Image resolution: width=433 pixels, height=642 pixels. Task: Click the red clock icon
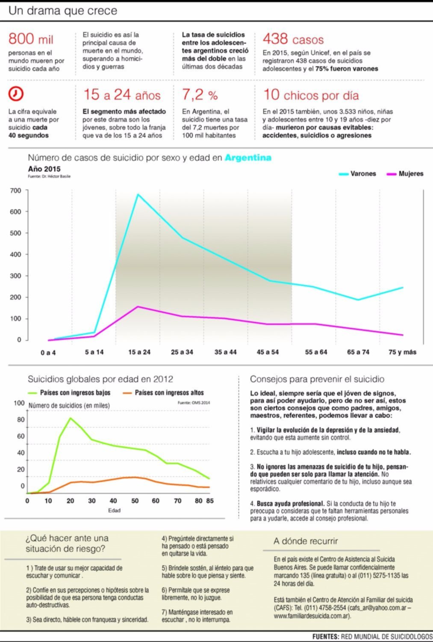click(x=16, y=94)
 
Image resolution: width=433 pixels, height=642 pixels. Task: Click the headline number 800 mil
click(x=31, y=39)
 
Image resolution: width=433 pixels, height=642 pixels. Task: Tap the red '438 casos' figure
click(x=293, y=39)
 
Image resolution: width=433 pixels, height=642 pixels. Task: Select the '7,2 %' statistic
click(x=200, y=95)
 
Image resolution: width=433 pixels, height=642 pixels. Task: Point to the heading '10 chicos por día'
click(x=311, y=95)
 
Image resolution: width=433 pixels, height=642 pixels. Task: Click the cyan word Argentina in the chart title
click(x=248, y=158)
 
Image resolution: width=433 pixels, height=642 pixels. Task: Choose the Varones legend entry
click(x=357, y=174)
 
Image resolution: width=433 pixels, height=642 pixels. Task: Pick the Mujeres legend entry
click(x=405, y=174)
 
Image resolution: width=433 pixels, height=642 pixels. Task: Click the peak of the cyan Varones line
click(x=138, y=194)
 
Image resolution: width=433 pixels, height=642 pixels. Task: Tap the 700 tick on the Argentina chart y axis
click(x=16, y=190)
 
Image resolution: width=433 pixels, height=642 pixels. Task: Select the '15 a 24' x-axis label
click(x=139, y=352)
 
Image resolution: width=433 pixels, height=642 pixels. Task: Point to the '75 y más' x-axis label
click(x=402, y=352)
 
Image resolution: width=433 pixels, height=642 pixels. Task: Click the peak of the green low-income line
click(x=71, y=418)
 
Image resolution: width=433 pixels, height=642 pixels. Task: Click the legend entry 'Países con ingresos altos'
click(x=163, y=392)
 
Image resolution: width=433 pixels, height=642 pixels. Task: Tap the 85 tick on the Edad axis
click(x=210, y=501)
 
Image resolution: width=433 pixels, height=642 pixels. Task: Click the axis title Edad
click(x=114, y=510)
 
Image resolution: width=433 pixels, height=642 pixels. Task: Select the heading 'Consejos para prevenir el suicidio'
click(x=317, y=379)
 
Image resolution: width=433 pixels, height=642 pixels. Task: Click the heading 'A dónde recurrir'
click(x=306, y=541)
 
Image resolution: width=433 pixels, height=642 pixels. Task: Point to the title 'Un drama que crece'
click(x=63, y=11)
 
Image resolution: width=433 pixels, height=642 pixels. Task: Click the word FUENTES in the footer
click(x=325, y=636)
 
